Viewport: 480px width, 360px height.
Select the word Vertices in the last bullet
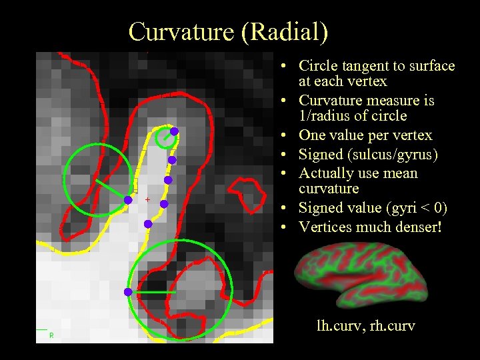pos(324,227)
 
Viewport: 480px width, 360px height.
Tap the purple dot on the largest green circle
pos(127,292)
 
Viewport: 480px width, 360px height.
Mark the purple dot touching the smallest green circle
pos(173,131)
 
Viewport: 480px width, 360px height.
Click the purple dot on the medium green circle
pos(128,199)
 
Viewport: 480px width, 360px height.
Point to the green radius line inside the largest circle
pos(152,292)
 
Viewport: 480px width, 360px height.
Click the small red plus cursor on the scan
pos(147,199)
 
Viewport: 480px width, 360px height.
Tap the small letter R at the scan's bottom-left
pos(51,335)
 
